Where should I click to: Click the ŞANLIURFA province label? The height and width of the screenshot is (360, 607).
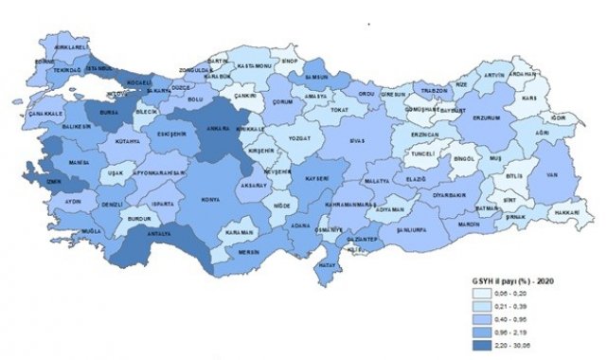point(390,230)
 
